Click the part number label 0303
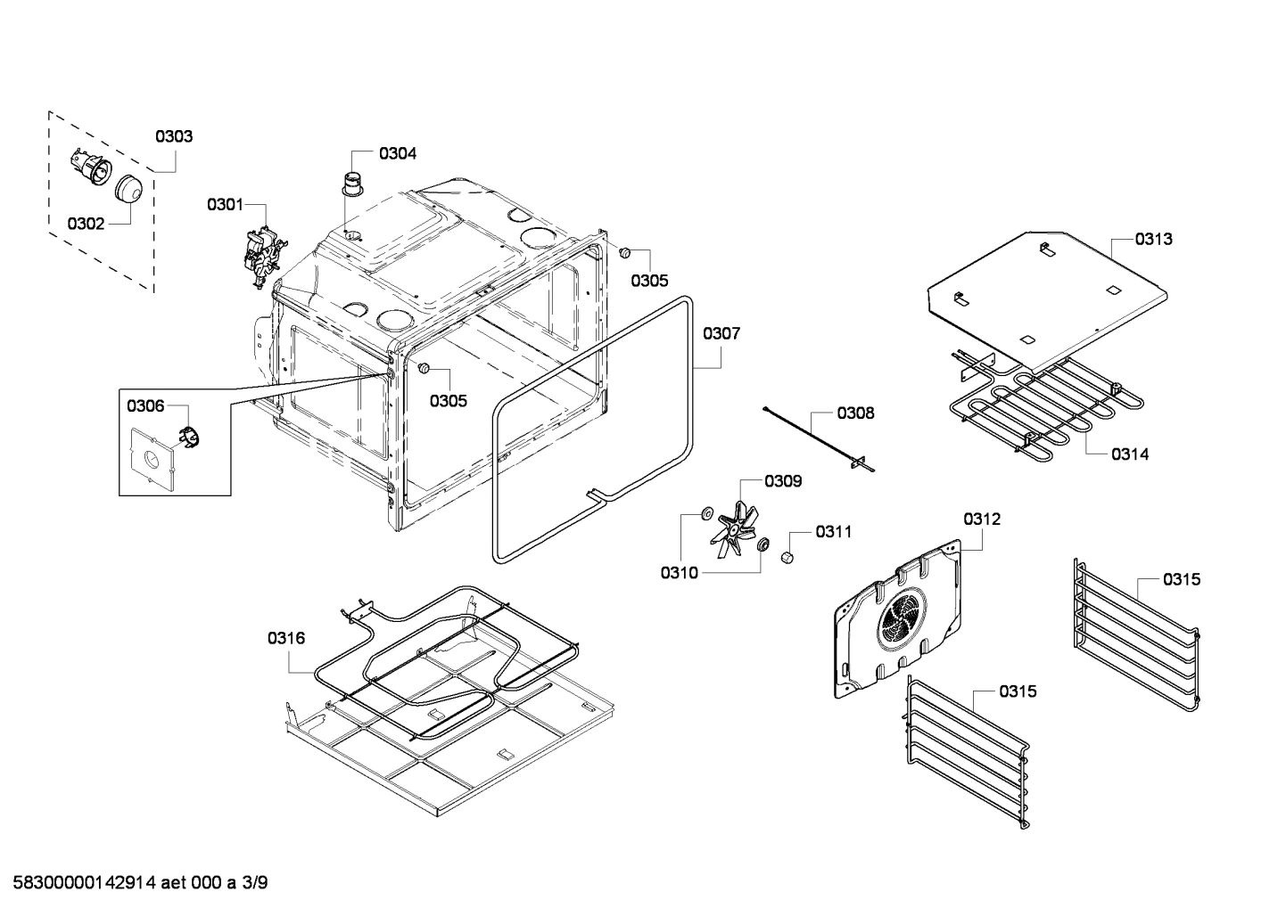174,136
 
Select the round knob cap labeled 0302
129,189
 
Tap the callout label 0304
397,153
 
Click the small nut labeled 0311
787,557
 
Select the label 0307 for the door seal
721,333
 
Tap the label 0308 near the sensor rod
855,413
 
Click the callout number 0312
981,519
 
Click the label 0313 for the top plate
1153,239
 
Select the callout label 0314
1130,454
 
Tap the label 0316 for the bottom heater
286,638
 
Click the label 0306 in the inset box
145,406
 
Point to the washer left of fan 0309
705,512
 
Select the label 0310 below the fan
680,573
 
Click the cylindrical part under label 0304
353,182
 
